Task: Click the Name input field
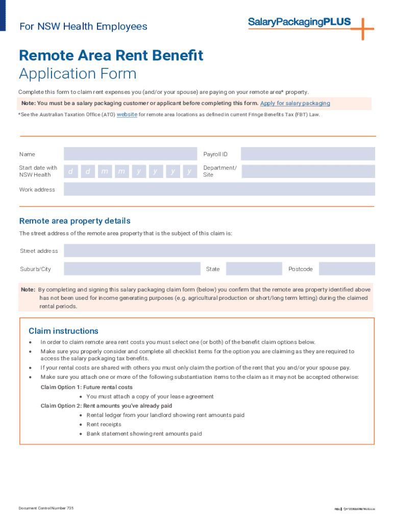tap(130, 154)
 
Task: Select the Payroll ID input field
tap(307, 154)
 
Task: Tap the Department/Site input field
tap(307, 171)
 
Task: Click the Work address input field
tap(219, 189)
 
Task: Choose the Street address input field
tap(219, 250)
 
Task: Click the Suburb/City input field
tap(132, 269)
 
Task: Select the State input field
tap(254, 269)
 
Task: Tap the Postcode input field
tap(347, 269)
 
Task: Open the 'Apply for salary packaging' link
tap(295, 103)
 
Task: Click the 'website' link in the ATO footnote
tap(127, 115)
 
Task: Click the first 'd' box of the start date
tap(71, 171)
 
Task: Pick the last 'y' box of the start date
tap(189, 171)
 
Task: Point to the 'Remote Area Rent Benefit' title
tap(111, 55)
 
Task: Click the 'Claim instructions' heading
tap(63, 331)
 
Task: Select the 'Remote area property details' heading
tap(75, 221)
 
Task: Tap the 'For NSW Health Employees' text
tap(83, 27)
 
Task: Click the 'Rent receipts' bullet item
tap(104, 424)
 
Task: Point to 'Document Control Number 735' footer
tap(46, 508)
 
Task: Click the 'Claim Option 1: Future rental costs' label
tap(86, 387)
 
